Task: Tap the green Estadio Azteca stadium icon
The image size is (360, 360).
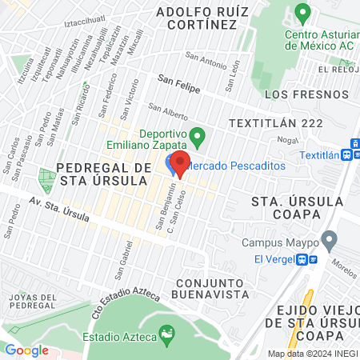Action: pos(167,332)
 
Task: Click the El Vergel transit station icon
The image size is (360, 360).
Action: pos(302,259)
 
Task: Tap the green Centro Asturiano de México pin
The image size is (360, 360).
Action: pos(302,13)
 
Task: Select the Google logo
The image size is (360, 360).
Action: pos(26,350)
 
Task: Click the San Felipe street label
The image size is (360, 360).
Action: pos(178,81)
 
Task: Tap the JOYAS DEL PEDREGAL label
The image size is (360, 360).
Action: pos(30,302)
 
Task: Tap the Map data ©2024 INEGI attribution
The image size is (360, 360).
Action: pos(313,354)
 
